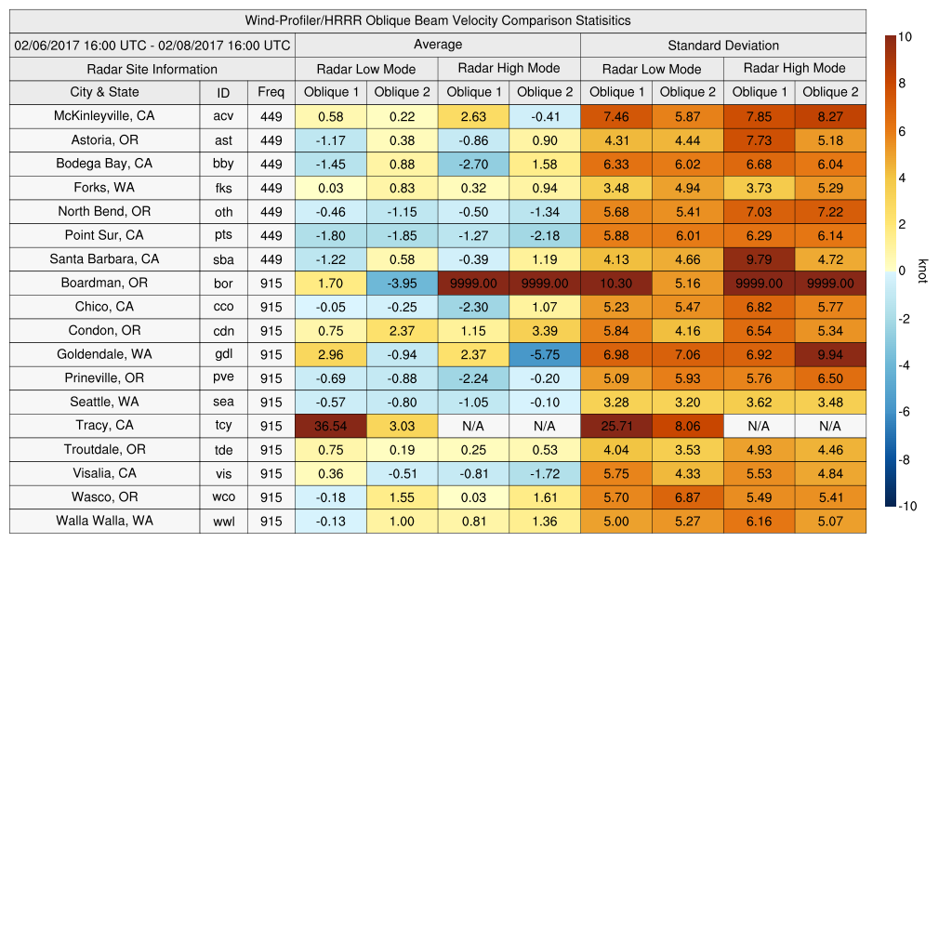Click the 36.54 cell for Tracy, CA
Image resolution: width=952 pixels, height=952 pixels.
tap(330, 426)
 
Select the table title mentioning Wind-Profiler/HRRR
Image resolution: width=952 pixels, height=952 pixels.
tap(437, 20)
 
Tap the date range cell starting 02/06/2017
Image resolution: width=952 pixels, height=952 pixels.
tap(152, 45)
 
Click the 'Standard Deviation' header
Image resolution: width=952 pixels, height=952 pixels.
tap(723, 45)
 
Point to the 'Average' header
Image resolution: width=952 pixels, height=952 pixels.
tap(437, 45)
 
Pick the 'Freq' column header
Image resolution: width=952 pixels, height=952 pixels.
tap(271, 92)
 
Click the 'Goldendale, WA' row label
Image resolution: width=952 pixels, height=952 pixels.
tap(104, 354)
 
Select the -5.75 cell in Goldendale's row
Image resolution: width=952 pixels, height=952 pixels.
tap(545, 354)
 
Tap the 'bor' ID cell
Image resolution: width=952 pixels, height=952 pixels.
tap(223, 283)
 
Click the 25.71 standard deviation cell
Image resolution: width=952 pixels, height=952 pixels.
tap(615, 426)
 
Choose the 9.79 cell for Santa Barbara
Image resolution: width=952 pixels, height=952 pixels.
tap(759, 259)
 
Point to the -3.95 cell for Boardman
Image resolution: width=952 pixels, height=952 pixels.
tap(402, 283)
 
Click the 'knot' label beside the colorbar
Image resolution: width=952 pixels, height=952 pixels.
tap(922, 271)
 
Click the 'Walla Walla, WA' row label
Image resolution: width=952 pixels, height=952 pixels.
tap(104, 521)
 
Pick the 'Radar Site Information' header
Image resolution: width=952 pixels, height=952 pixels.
tap(152, 69)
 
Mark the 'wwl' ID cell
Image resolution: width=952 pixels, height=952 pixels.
tap(223, 521)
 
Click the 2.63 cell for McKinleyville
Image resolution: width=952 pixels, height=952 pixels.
tap(473, 116)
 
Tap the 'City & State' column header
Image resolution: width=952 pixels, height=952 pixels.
tap(104, 92)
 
